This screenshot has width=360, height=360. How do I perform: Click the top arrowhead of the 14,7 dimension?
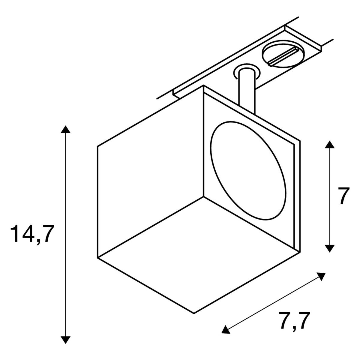pos(66,130)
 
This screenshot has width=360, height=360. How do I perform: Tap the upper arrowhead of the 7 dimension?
pos(329,144)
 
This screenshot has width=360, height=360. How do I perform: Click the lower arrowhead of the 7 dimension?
pos(329,248)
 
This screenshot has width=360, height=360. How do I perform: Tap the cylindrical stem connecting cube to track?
pos(247,91)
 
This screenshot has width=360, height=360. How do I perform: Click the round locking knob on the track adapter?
pos(283,54)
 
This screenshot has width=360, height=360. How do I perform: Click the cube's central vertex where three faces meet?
pos(204,196)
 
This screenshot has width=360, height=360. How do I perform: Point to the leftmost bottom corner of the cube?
pos(97,258)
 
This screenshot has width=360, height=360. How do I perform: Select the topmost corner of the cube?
pos(203,85)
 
